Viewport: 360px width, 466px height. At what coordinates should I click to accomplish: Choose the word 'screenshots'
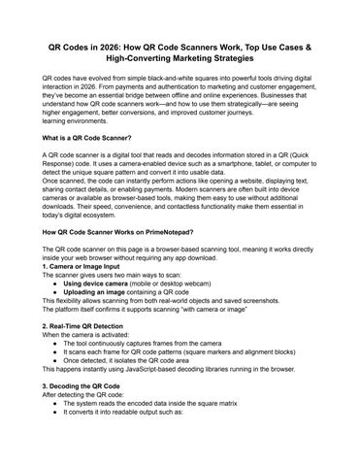pyautogui.click(x=273, y=330)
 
